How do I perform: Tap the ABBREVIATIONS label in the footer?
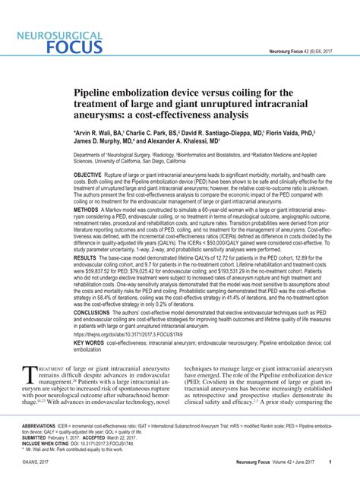click(x=43, y=427)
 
